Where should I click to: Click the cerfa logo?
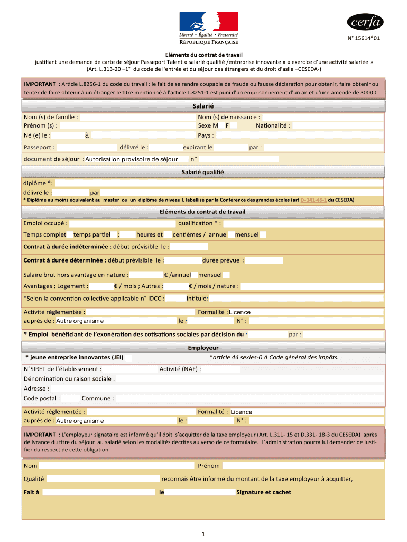coord(365,22)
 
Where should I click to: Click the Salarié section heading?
coord(203,106)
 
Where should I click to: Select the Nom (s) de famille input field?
coord(136,117)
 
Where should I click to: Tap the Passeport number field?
coord(87,148)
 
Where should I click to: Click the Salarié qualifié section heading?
coord(203,172)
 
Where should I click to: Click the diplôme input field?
coord(219,183)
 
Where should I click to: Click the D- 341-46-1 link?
coord(313,200)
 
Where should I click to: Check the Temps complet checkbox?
coord(70,234)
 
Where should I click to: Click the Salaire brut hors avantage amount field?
coord(146,275)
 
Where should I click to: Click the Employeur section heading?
coord(203,348)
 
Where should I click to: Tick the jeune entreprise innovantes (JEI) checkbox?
coord(128,358)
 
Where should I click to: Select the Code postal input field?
coord(69,398)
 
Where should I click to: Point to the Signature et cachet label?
coord(263,492)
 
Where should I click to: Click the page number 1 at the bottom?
coord(203,534)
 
